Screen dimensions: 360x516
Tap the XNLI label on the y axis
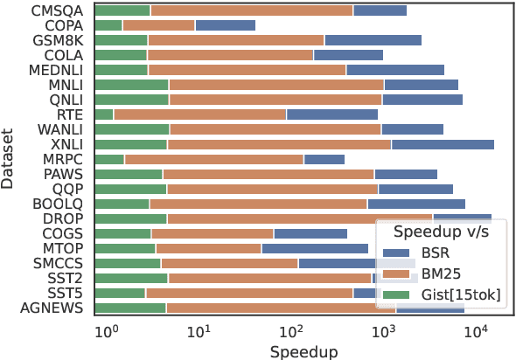66,144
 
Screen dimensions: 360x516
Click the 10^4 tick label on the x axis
475,331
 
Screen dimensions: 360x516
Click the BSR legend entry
436,253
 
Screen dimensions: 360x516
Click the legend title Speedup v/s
441,232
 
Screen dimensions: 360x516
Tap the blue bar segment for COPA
225,25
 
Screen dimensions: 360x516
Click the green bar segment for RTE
103,114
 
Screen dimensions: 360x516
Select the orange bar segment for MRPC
213,159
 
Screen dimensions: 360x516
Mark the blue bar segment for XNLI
442,144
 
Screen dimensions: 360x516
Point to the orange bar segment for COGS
212,233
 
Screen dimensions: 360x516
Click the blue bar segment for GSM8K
373,40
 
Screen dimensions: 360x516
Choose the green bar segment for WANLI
131,129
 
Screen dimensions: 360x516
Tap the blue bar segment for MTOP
314,248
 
